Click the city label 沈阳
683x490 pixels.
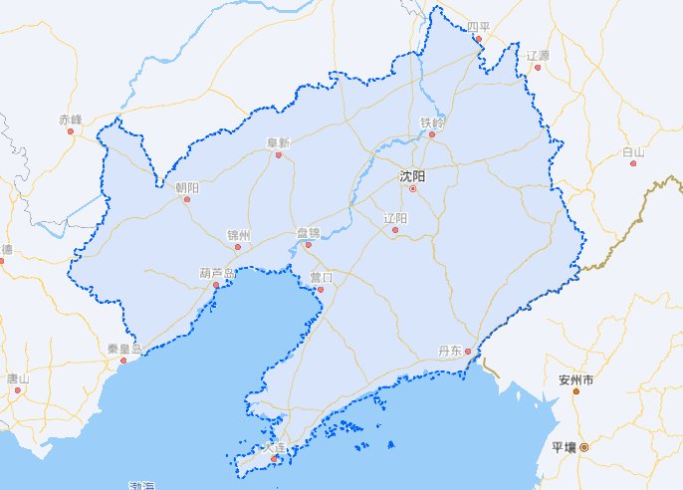pos(412,175)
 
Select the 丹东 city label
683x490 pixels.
pos(451,351)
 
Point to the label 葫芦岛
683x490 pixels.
pos(216,272)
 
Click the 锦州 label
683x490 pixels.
pos(238,236)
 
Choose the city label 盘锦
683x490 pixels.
pos(309,232)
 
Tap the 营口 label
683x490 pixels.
pos(321,278)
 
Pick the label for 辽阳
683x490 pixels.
pos(395,218)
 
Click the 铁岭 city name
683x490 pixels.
pos(432,122)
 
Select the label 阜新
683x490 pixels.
pos(278,142)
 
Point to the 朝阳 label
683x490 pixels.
pos(186,187)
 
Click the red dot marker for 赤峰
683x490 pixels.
pos(71,130)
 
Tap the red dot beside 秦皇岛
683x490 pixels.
pos(123,361)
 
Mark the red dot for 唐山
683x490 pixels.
pos(17,390)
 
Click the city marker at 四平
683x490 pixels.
pos(478,40)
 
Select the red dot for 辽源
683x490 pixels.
pos(538,68)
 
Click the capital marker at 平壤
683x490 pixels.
pos(584,447)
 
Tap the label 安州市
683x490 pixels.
pos(575,380)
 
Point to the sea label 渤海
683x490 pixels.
pos(142,485)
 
